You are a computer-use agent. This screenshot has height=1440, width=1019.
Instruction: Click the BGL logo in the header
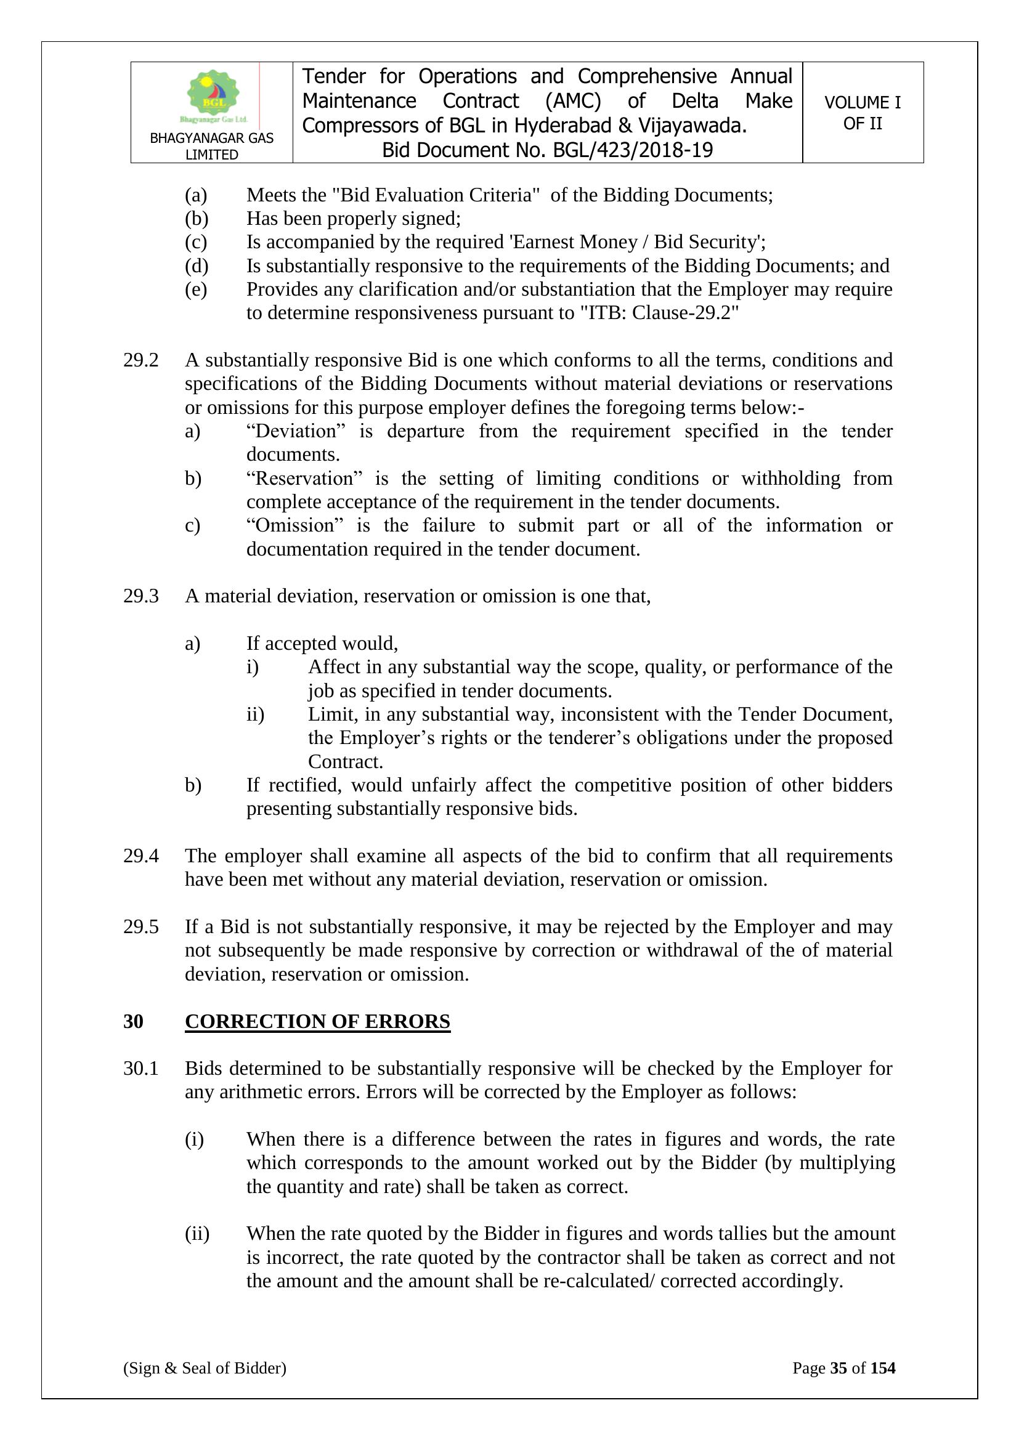point(213,96)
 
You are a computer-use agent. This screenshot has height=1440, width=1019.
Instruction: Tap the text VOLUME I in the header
point(862,102)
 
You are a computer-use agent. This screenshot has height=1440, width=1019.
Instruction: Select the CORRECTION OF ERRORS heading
point(317,1022)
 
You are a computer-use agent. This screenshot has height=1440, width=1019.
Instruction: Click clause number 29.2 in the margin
point(140,361)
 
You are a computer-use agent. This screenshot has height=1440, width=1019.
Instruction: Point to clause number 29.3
point(140,596)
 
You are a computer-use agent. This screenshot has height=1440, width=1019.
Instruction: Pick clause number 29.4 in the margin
point(140,856)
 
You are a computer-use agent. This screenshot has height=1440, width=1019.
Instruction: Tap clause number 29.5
point(140,927)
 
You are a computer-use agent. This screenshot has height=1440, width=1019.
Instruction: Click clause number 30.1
point(140,1069)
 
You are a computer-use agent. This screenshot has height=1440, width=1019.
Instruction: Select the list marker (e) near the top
point(196,289)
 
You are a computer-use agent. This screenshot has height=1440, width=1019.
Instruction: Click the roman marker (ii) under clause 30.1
point(197,1234)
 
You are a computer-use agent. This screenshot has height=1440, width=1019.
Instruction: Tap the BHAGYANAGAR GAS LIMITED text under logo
point(211,146)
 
